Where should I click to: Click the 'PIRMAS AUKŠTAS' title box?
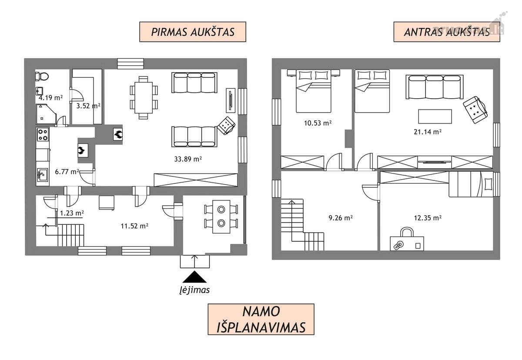pos(193,32)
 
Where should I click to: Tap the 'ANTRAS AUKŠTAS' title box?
pos(447,32)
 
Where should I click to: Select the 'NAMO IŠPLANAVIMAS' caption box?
pos(261,319)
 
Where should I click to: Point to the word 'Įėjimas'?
pos(194,290)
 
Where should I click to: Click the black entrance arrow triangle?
pos(194,277)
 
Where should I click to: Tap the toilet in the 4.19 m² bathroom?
pos(42,76)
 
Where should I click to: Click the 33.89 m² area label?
pos(188,159)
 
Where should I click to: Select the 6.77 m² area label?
pos(67,172)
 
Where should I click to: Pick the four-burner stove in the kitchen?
pos(43,134)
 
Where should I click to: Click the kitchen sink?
pos(43,175)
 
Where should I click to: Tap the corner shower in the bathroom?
pos(46,114)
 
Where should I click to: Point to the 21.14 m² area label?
pos(427,132)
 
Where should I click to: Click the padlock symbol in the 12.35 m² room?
pos(407,240)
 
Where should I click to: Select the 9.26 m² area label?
pos(341,218)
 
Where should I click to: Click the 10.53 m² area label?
pos(318,123)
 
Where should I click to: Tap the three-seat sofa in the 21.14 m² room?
pos(435,87)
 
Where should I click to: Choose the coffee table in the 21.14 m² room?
pos(435,117)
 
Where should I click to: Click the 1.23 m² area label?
pos(72,213)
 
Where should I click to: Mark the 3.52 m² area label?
pos(88,106)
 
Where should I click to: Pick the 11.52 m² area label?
pos(134,226)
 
